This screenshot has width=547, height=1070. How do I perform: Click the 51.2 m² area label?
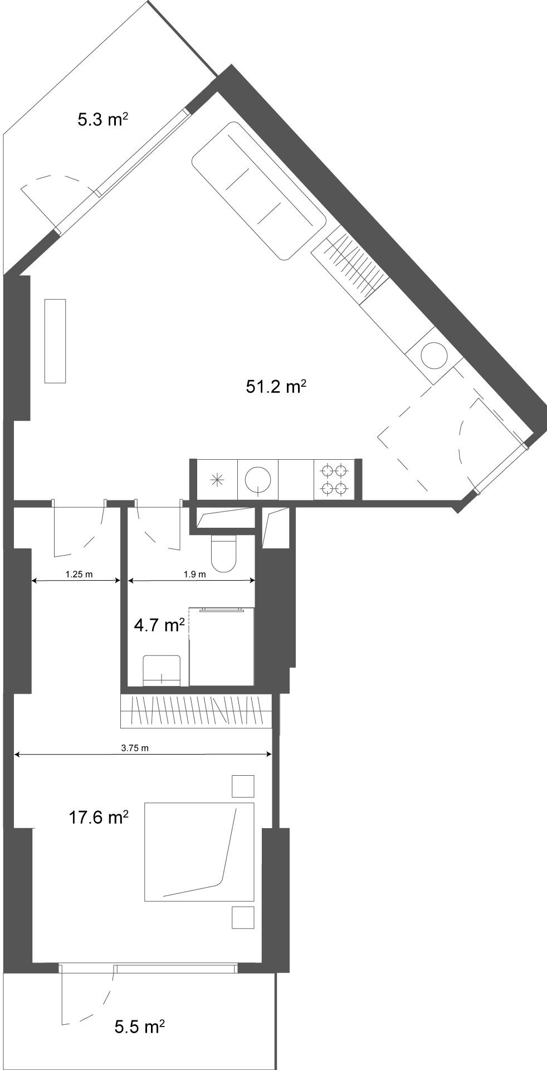(276, 386)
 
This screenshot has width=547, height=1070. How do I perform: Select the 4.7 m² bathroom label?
(159, 625)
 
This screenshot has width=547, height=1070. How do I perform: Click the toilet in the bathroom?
(224, 553)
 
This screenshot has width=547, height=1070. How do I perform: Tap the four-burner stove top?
(334, 479)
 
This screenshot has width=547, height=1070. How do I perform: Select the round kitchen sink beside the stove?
(258, 479)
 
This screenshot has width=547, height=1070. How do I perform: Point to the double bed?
(199, 852)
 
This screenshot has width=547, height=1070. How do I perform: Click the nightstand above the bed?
(243, 786)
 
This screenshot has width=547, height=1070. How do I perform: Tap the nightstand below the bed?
(243, 917)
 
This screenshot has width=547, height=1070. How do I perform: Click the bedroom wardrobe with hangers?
(196, 711)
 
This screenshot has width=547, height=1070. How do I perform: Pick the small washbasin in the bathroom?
(162, 670)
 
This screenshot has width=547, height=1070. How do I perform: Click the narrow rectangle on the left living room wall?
(55, 341)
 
